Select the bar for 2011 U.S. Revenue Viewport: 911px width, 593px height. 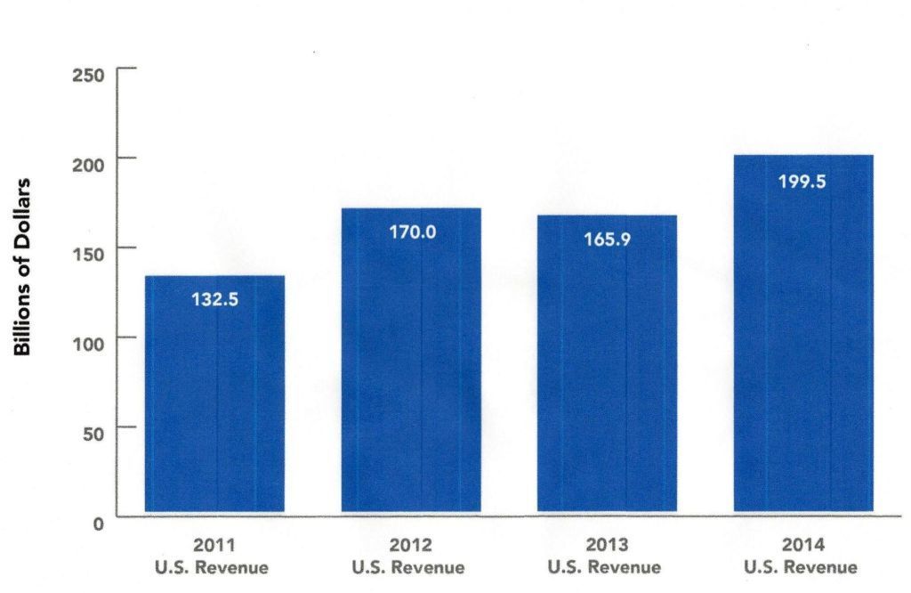click(214, 401)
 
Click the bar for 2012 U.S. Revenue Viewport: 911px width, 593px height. click(411, 365)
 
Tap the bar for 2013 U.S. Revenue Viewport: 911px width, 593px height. click(607, 370)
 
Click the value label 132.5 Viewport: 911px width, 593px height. click(214, 300)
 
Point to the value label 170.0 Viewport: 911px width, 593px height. click(412, 232)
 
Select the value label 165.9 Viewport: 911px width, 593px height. click(607, 239)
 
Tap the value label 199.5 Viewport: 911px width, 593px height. click(802, 182)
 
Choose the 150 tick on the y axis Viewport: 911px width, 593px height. click(88, 252)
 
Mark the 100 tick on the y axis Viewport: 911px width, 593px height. click(88, 342)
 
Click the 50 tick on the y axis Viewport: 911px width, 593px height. click(93, 433)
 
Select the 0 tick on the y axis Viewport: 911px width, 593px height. click(98, 524)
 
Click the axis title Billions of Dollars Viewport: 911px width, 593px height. click(24, 267)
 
